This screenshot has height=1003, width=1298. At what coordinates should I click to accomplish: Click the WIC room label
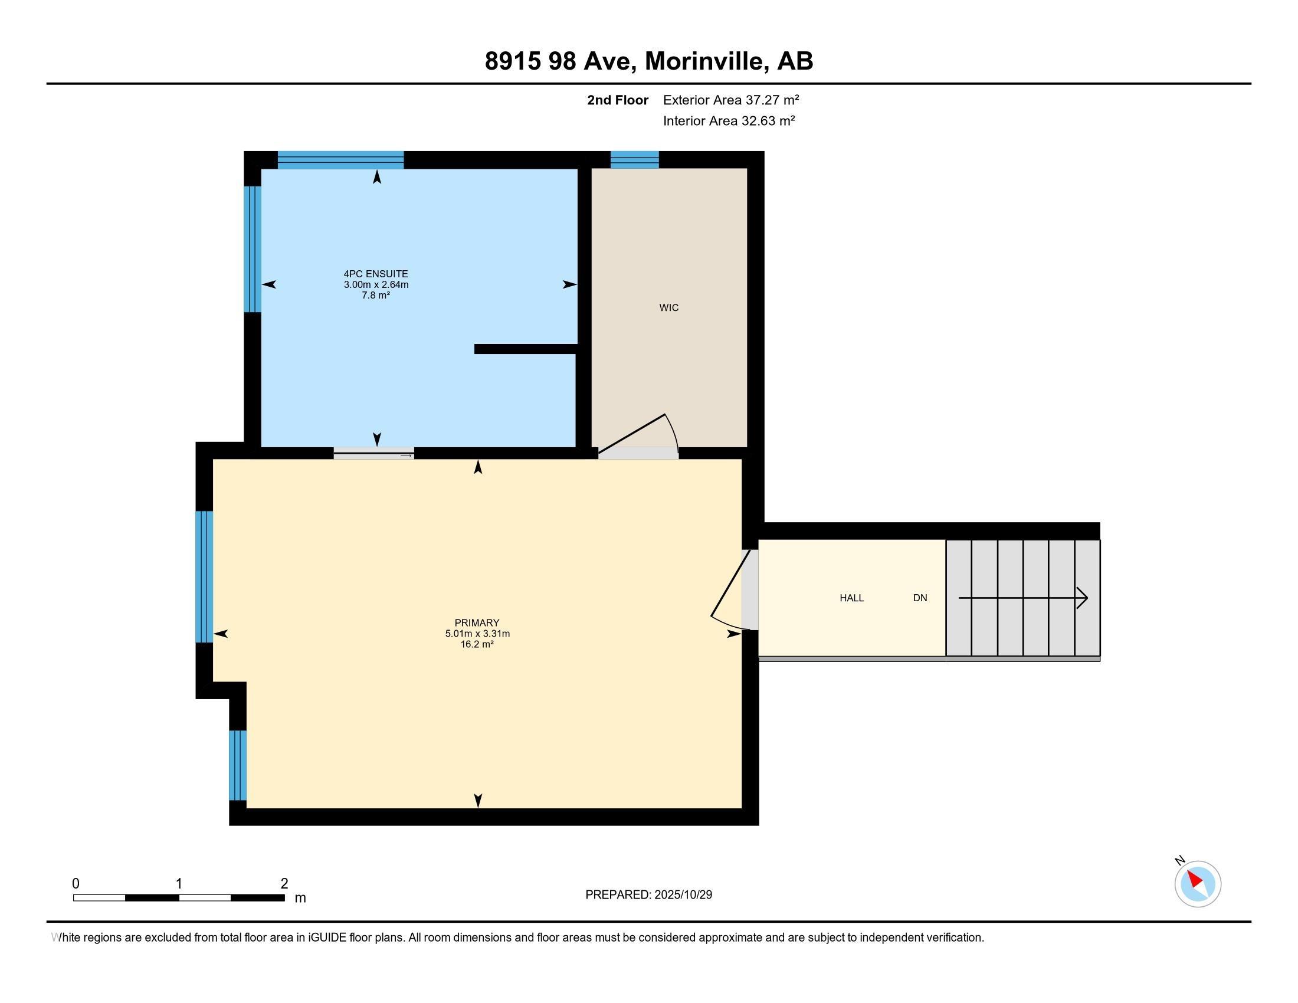[x=668, y=308]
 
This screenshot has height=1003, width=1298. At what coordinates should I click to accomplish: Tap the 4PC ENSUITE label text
[x=376, y=274]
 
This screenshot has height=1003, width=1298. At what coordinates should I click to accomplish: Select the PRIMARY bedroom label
[x=477, y=622]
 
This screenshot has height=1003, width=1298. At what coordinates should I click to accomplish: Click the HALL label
[x=851, y=598]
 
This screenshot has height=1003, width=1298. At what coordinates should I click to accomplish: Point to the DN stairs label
[x=920, y=598]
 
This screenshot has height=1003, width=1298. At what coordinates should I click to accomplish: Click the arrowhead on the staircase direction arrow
[x=1083, y=598]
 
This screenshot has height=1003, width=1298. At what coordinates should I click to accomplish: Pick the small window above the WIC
[x=635, y=160]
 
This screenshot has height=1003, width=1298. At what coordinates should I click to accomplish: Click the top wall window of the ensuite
[x=340, y=160]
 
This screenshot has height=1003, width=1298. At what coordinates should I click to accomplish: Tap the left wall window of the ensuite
[x=253, y=249]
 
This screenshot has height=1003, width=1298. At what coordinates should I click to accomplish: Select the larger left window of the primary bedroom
[x=204, y=576]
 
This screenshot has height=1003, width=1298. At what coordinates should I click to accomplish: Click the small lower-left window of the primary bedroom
[x=237, y=765]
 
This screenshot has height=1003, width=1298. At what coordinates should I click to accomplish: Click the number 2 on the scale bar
[x=284, y=884]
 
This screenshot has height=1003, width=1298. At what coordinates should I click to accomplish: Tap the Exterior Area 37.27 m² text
[x=730, y=100]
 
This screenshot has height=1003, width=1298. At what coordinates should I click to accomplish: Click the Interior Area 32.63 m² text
[x=729, y=120]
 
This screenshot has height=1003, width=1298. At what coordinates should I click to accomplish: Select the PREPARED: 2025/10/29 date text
[x=648, y=894]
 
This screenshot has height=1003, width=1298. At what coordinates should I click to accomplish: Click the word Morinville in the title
[x=704, y=61]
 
